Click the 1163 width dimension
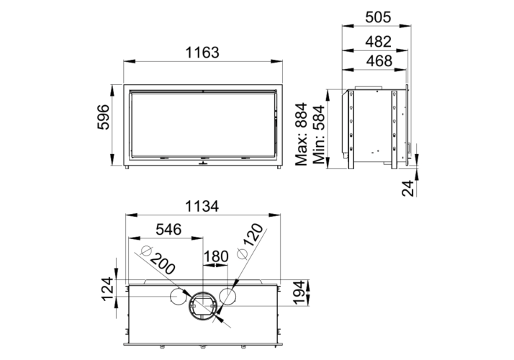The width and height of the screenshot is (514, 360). point(202,53)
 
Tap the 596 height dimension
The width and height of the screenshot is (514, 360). point(103,117)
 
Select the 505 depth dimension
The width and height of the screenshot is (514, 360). point(378,17)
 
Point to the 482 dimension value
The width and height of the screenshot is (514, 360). point(379,42)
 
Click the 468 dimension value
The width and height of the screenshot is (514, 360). point(379,60)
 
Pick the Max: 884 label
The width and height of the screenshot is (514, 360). point(301,134)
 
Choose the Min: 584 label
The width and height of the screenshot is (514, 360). point(319,135)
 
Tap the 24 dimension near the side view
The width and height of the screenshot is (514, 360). point(407,188)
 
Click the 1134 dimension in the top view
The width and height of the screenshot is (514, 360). point(202,207)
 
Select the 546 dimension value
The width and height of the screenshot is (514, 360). point(168,230)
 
